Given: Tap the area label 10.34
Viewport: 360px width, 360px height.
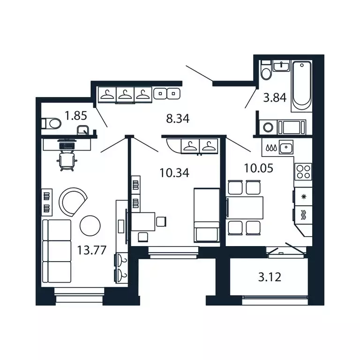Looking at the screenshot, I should [174, 173].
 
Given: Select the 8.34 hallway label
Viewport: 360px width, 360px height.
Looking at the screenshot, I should [178, 119].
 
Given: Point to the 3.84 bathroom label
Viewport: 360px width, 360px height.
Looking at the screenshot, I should [274, 98].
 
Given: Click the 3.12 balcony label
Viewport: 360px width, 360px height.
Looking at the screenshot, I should [270, 277].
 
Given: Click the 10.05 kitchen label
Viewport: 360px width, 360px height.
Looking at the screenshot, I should [258, 167].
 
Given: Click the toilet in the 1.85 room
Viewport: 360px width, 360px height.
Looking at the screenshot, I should [51, 124].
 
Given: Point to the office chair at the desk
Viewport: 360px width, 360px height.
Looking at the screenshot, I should [66, 160].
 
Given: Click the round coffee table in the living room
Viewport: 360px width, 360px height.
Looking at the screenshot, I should [90, 226].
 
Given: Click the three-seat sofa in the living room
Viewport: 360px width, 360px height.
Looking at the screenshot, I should [57, 251].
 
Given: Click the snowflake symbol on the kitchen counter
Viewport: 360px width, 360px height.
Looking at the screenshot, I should [303, 196].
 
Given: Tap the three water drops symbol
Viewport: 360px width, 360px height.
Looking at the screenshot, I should [270, 147].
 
